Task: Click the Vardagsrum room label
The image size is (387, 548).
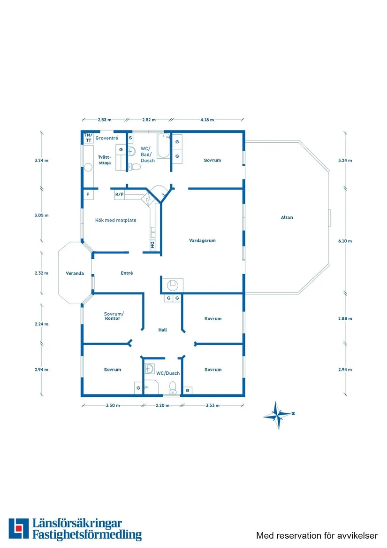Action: tap(202, 241)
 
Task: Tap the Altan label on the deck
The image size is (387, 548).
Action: tap(287, 217)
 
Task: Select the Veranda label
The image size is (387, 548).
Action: tap(75, 273)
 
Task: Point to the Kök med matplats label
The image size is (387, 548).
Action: tap(115, 220)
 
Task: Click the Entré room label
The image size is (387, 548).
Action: tap(127, 273)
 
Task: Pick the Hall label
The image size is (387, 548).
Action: tap(162, 330)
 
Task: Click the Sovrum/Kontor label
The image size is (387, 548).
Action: tap(114, 316)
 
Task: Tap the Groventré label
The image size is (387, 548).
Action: tap(107, 138)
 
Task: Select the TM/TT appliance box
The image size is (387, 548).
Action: tap(88, 138)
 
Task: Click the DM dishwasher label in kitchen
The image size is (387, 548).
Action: tap(152, 245)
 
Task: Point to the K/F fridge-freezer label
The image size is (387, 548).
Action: tap(120, 194)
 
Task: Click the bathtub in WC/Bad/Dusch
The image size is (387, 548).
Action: tap(163, 146)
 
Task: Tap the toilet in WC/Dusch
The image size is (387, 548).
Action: tap(173, 387)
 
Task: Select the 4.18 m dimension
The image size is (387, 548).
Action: tap(207, 120)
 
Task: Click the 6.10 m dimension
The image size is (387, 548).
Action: tap(345, 241)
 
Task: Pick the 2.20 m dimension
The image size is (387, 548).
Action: tap(162, 405)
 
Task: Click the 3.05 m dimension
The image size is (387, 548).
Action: tap(42, 215)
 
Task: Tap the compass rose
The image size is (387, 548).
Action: tap(278, 415)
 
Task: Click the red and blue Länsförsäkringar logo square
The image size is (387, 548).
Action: tap(18, 528)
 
